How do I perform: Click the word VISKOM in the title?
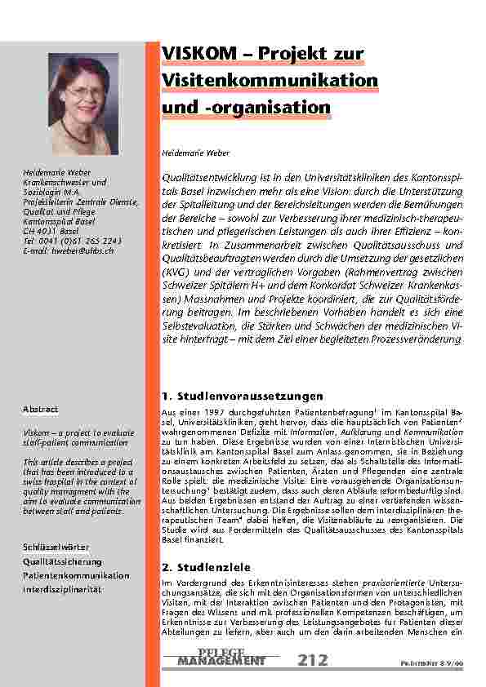click(195, 54)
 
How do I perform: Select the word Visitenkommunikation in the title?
click(270, 80)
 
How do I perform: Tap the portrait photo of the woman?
click(83, 104)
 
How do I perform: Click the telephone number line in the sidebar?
click(73, 241)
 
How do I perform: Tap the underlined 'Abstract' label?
click(40, 409)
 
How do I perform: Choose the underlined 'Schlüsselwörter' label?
click(56, 546)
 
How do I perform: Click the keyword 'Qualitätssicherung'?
click(63, 561)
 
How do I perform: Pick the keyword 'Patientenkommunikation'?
click(76, 575)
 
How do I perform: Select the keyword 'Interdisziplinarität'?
click(62, 589)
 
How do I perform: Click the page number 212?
click(313, 658)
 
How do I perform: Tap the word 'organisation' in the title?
click(282, 107)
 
